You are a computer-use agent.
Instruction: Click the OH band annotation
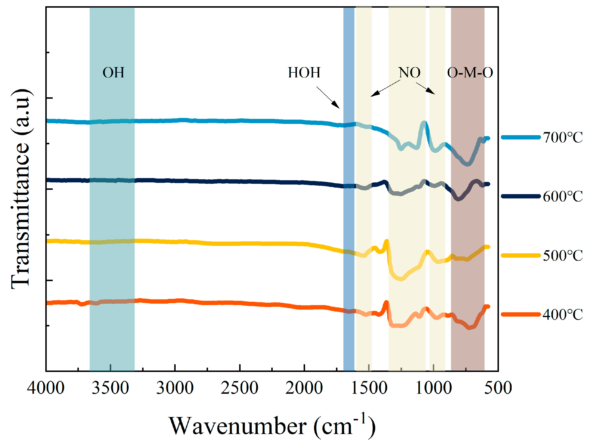pyautogui.click(x=113, y=73)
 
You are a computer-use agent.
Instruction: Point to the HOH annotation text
pyautogui.click(x=304, y=73)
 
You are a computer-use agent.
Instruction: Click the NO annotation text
pyautogui.click(x=409, y=73)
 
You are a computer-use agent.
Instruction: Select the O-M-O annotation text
pyautogui.click(x=470, y=73)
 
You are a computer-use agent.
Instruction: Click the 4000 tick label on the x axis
pyautogui.click(x=46, y=388)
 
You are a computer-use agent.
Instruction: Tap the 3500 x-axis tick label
pyautogui.click(x=110, y=388)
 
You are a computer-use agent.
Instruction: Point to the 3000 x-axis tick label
pyautogui.click(x=175, y=388)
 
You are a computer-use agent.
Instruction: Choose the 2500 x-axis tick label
pyautogui.click(x=239, y=388)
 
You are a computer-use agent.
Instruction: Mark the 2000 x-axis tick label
pyautogui.click(x=304, y=388)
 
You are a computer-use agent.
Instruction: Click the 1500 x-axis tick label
pyautogui.click(x=369, y=388)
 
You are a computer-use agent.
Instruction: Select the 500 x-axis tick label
pyautogui.click(x=498, y=388)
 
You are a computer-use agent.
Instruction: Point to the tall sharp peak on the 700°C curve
pyautogui.click(x=423, y=123)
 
